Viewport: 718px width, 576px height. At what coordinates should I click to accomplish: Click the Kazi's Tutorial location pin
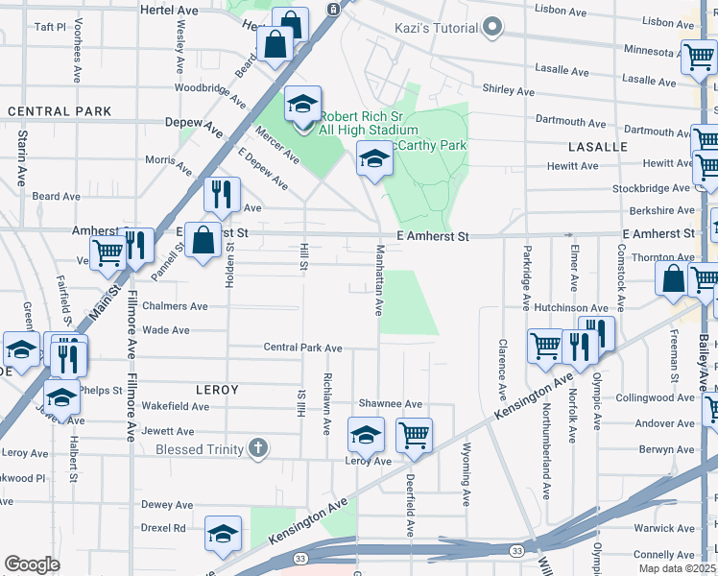click(x=493, y=26)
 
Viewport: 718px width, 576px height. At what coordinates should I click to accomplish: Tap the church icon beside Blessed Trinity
click(x=257, y=447)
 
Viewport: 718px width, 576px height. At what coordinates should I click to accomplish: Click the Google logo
click(x=32, y=564)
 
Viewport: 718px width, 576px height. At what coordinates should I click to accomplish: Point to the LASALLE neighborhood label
click(x=597, y=147)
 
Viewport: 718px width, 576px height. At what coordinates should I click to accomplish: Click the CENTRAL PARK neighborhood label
click(x=60, y=111)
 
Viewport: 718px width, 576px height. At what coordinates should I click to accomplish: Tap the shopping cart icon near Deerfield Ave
click(x=414, y=435)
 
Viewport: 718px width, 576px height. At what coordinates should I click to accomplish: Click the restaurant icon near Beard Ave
click(x=222, y=194)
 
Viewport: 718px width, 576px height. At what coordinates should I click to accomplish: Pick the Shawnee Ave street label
click(x=390, y=404)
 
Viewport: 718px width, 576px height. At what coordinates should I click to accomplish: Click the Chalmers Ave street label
click(x=175, y=307)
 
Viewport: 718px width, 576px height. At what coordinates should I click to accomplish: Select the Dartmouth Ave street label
click(x=571, y=123)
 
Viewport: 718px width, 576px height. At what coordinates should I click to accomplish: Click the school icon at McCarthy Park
click(x=373, y=159)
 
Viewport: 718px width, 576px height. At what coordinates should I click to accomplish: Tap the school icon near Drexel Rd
click(x=223, y=535)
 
